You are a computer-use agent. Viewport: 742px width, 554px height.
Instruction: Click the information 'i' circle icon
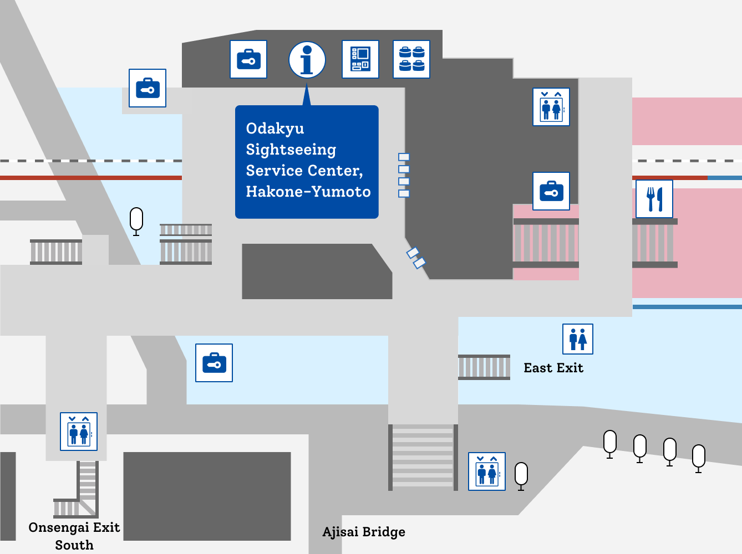pyautogui.click(x=307, y=59)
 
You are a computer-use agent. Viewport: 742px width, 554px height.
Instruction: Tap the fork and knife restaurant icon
pyautogui.click(x=654, y=199)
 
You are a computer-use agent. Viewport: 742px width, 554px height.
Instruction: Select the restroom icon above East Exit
pyautogui.click(x=578, y=339)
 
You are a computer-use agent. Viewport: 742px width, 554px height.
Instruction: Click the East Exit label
pyautogui.click(x=553, y=368)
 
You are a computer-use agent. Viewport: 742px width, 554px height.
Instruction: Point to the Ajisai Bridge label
pyautogui.click(x=364, y=532)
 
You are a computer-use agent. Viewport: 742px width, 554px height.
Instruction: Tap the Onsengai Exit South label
pyautogui.click(x=74, y=536)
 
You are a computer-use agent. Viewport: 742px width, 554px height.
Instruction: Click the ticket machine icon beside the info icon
pyautogui.click(x=360, y=59)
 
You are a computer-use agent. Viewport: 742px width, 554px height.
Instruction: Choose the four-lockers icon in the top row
pyautogui.click(x=411, y=59)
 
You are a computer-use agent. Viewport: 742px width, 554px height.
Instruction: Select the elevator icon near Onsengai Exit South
pyautogui.click(x=79, y=432)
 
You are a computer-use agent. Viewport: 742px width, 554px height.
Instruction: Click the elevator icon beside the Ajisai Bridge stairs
pyautogui.click(x=487, y=471)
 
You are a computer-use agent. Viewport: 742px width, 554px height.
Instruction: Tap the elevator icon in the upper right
pyautogui.click(x=551, y=107)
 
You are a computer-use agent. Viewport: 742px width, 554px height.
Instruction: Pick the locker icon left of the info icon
pyautogui.click(x=248, y=59)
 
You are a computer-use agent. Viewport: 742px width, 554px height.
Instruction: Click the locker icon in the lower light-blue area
pyautogui.click(x=214, y=363)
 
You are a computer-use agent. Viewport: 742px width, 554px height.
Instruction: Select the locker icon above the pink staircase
pyautogui.click(x=551, y=191)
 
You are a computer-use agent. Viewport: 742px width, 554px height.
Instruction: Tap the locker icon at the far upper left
pyautogui.click(x=148, y=88)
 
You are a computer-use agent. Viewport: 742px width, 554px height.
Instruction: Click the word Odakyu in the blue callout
pyautogui.click(x=275, y=129)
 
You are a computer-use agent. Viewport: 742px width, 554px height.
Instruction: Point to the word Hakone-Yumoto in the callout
pyautogui.click(x=308, y=192)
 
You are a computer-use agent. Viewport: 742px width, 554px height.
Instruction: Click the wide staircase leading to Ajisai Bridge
pyautogui.click(x=423, y=457)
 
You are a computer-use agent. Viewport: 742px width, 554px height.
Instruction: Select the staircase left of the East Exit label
pyautogui.click(x=484, y=367)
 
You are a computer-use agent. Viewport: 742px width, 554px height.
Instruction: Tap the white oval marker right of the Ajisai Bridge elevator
pyautogui.click(x=521, y=475)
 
